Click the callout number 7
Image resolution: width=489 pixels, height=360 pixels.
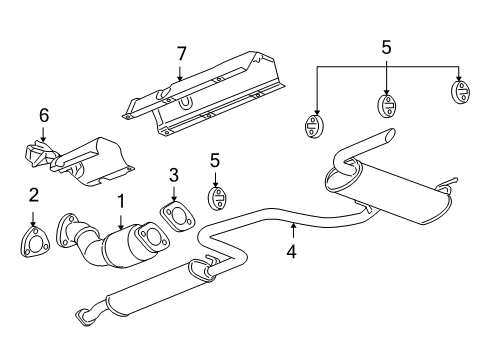181,54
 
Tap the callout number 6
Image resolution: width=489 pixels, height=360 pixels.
44,115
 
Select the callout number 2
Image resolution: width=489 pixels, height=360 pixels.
34,195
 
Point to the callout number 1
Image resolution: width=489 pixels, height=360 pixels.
121,201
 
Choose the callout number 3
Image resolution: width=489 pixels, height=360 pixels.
174,175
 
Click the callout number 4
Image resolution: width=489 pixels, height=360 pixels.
291,251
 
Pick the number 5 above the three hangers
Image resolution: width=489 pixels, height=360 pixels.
386,47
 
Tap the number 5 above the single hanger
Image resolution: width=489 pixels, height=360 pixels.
215,160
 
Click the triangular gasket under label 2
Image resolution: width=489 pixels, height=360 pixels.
34,242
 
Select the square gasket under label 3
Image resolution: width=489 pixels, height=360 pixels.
177,216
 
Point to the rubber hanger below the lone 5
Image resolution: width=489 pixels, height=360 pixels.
218,199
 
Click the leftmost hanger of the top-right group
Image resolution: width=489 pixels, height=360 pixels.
314,126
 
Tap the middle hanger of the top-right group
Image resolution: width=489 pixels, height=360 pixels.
387,105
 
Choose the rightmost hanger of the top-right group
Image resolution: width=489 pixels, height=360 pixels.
461,91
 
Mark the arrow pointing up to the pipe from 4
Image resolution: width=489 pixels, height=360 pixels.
293,230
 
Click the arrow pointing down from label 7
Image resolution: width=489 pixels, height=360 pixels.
180,73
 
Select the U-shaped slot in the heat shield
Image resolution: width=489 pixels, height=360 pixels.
184,104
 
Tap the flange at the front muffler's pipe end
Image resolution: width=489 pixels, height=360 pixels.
83,316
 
